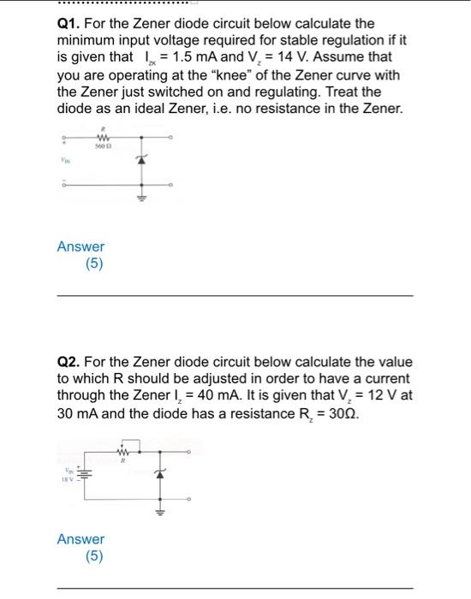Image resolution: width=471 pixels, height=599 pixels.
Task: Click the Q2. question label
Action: [69, 362]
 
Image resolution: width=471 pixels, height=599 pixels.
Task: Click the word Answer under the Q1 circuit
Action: [80, 246]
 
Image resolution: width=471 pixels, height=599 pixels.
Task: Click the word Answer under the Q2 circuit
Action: [80, 539]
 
